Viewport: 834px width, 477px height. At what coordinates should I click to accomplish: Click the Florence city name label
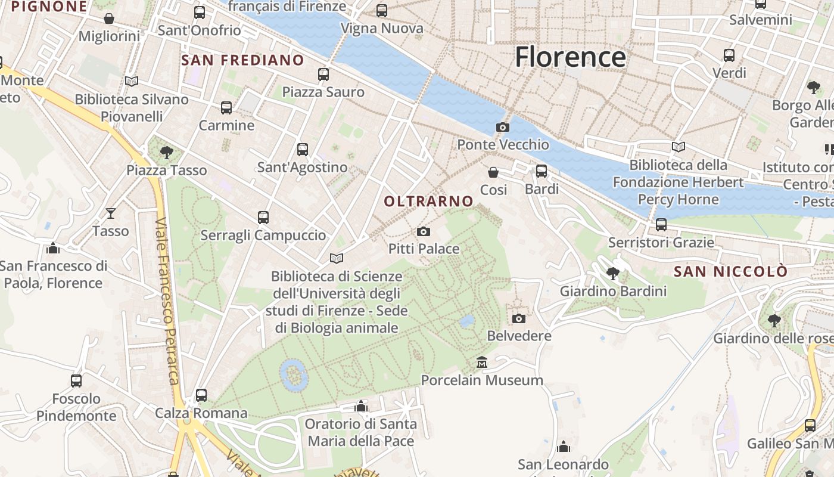tap(570, 57)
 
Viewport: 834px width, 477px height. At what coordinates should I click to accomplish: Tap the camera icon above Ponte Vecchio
tap(502, 127)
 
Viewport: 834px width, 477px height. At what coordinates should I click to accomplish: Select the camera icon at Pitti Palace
tap(423, 231)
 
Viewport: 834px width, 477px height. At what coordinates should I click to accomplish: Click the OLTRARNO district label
tap(428, 202)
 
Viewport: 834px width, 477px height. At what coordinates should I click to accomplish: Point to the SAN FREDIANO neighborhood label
tap(242, 60)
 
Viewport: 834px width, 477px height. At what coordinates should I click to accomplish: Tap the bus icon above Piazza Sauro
tap(323, 75)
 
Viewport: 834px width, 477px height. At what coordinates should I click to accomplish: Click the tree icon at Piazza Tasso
tap(167, 153)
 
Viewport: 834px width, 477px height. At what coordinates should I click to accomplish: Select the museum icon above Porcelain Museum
tap(482, 363)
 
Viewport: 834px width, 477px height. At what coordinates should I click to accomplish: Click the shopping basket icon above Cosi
tap(493, 172)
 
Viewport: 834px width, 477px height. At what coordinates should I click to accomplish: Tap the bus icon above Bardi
tap(541, 171)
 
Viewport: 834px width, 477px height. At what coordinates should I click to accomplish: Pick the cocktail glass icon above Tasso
tap(111, 213)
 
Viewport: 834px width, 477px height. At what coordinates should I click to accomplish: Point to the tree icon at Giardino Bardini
tap(612, 274)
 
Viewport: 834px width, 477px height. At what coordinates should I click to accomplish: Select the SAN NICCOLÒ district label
tap(730, 272)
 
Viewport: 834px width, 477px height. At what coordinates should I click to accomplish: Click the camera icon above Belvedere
tap(519, 318)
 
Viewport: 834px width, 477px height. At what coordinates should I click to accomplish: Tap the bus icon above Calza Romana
tap(201, 395)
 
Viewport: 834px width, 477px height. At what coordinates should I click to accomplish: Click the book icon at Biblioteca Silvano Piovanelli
tap(131, 81)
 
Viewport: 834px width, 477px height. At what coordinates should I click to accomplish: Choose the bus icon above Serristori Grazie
tap(661, 225)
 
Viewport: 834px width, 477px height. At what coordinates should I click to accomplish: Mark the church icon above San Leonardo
tap(563, 447)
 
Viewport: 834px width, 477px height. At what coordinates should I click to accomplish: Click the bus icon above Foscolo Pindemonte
tap(76, 380)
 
